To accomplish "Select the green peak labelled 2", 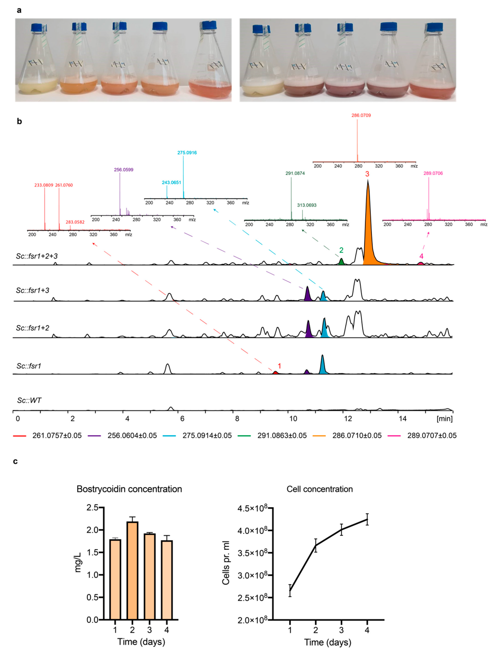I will (341, 262).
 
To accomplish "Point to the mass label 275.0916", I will (187, 153).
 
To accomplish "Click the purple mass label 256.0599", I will (124, 170).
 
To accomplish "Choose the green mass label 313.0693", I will (307, 205).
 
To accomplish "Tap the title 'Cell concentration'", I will (320, 489).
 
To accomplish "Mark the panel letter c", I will (15, 461).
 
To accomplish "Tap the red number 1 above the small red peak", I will (280, 366).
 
